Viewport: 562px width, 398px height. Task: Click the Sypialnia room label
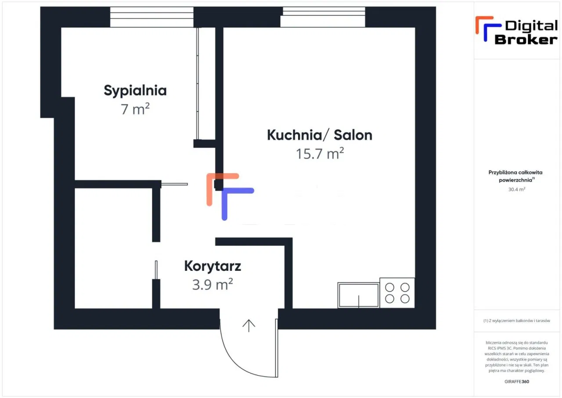(x=135, y=91)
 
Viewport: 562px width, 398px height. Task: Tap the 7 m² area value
(x=135, y=109)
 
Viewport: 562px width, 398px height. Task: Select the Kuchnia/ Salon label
(x=320, y=135)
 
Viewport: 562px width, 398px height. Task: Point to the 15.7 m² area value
(x=320, y=153)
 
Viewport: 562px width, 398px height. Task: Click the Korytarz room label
(x=213, y=267)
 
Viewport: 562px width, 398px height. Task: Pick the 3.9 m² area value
(x=213, y=285)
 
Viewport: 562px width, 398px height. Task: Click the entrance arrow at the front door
(x=249, y=325)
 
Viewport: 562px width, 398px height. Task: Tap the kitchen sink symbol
(x=358, y=295)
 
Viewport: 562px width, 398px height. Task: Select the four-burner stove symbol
(x=397, y=293)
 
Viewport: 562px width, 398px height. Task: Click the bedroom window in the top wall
(x=152, y=17)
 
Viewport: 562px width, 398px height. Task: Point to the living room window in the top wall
(x=323, y=17)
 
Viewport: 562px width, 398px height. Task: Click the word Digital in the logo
(x=531, y=26)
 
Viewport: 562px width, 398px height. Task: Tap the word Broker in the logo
(x=526, y=40)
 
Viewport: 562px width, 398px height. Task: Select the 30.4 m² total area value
(x=517, y=189)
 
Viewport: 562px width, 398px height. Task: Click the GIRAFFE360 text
(x=517, y=381)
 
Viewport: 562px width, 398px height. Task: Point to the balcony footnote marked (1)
(x=517, y=321)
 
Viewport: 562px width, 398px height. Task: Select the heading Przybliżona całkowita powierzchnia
(x=515, y=176)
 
